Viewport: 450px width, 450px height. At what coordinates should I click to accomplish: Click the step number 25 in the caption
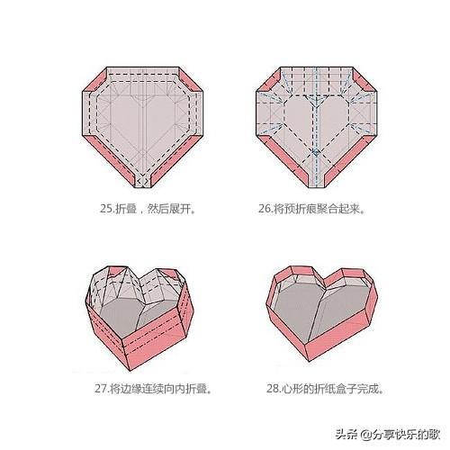106,208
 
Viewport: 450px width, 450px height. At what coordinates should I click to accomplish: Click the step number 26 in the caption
265,208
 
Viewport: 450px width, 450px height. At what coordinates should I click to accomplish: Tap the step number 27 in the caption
101,389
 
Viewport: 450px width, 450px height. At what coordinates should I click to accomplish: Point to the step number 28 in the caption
273,389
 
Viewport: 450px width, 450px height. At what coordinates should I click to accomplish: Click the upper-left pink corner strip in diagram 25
94,80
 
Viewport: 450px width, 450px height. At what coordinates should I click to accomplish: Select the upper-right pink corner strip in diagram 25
191,80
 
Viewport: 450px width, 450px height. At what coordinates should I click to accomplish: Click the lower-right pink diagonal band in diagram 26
350,161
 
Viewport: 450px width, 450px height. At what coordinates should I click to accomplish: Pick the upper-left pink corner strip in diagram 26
269,80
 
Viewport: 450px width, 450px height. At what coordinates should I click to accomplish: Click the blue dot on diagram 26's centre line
316,152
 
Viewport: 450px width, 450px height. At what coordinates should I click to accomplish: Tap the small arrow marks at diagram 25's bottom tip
143,181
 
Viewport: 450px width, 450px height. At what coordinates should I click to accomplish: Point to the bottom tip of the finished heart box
309,361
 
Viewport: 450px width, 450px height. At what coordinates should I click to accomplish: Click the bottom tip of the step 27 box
130,371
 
